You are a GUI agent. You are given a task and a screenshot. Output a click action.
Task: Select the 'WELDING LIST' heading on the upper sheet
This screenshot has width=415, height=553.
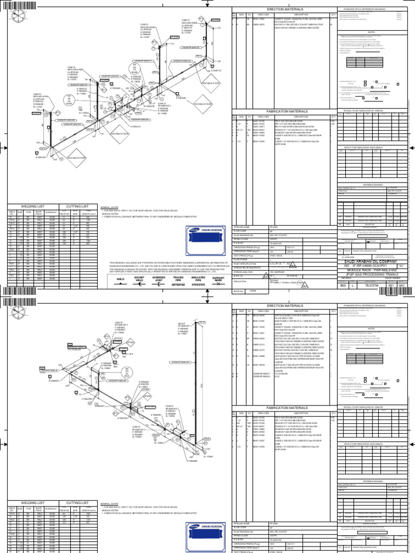pos(32,206)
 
